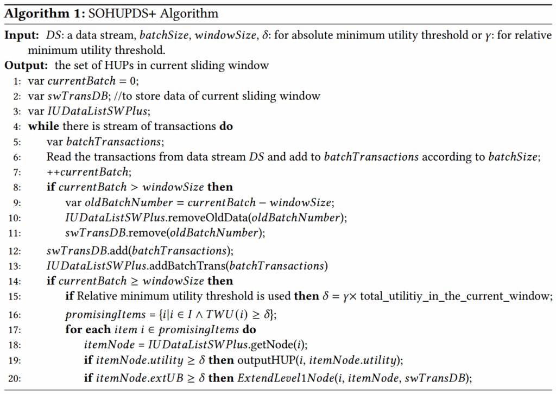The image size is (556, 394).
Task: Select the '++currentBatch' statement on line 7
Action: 88,172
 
